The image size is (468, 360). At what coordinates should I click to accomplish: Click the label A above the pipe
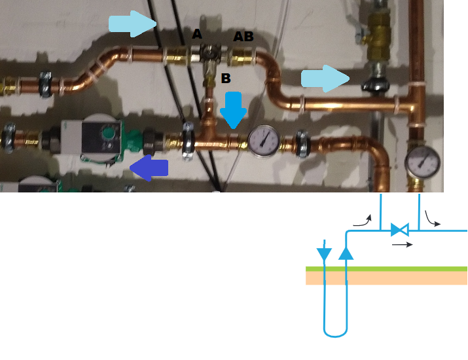[x=197, y=34]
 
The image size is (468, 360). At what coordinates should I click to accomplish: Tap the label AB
[x=243, y=37]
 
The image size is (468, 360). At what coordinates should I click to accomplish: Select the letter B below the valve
[x=226, y=79]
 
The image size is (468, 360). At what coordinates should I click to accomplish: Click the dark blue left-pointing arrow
[x=149, y=169]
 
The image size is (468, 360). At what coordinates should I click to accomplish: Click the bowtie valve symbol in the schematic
[x=399, y=230]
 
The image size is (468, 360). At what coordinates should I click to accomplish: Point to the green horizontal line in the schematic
[x=386, y=268]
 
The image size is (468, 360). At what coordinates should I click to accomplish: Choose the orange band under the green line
[x=386, y=278]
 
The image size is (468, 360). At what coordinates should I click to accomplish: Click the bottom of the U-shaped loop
[x=334, y=336]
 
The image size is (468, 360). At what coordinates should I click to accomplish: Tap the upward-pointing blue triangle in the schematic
[x=346, y=252]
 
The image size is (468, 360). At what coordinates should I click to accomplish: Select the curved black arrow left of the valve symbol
[x=362, y=221]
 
